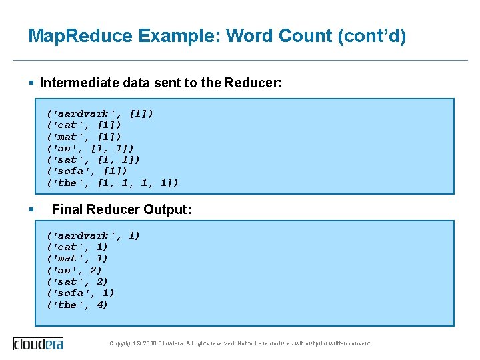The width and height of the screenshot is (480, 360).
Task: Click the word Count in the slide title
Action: tap(306, 36)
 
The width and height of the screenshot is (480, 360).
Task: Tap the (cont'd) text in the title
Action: tap(372, 36)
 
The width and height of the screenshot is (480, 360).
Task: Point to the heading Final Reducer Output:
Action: tap(121, 209)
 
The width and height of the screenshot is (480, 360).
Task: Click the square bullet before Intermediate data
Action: tap(31, 83)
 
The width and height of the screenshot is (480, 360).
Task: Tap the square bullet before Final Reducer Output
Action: tap(31, 209)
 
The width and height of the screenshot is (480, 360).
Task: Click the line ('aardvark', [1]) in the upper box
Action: tap(99, 113)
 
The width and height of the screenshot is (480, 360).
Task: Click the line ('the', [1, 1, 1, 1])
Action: tap(112, 183)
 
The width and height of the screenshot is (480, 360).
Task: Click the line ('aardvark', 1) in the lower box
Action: tap(93, 235)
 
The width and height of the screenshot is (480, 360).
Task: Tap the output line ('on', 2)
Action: tap(73, 270)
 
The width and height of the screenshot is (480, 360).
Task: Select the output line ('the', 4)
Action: tap(77, 305)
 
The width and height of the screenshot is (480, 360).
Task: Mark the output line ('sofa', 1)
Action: tap(80, 293)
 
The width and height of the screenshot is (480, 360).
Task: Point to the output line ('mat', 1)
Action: tap(77, 258)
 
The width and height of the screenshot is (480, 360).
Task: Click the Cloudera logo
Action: tap(39, 343)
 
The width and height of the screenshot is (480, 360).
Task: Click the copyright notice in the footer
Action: tap(240, 344)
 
